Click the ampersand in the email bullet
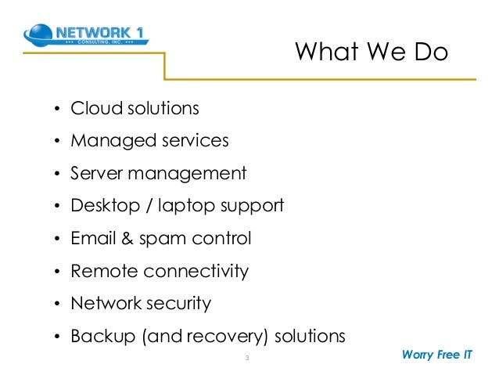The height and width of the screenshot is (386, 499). pos(126,238)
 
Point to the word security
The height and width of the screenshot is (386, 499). pos(175,304)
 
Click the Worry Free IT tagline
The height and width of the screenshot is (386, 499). pos(436,354)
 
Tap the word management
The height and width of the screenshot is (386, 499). pos(193,174)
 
